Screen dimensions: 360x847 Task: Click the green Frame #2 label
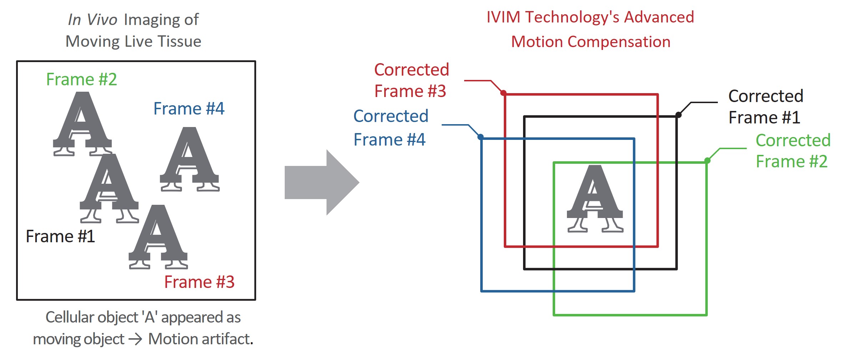(82, 79)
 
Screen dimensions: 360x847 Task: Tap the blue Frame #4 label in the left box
(189, 108)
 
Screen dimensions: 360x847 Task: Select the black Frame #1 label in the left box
(60, 236)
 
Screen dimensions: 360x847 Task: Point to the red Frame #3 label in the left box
(199, 282)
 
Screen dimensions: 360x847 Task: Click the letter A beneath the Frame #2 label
(82, 123)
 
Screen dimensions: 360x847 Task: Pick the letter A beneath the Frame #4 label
(189, 159)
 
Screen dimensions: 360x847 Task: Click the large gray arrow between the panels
(321, 182)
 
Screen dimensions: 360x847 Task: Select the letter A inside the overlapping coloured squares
(595, 198)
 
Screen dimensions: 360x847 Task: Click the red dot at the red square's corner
(503, 93)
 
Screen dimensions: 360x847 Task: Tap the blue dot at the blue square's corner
(481, 137)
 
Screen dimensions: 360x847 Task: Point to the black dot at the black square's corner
(679, 115)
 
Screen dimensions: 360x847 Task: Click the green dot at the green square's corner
(707, 161)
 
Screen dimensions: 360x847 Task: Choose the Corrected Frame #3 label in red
(411, 80)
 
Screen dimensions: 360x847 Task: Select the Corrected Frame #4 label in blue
(390, 128)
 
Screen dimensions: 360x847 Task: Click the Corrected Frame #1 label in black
(765, 107)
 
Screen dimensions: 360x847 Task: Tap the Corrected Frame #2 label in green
(793, 151)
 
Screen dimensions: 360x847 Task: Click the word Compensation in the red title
(619, 42)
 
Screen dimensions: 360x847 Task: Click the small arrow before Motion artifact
(136, 339)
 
